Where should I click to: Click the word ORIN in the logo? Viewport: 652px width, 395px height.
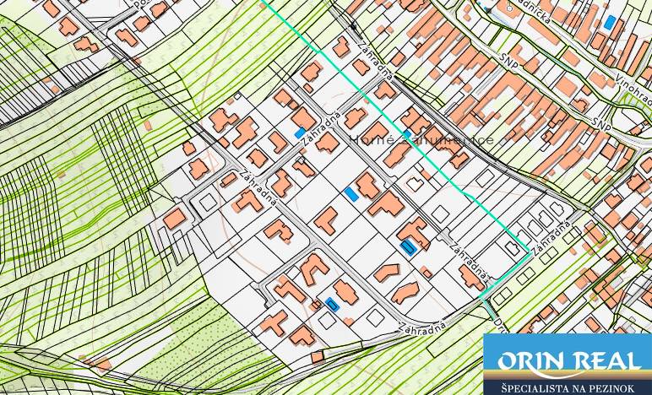click(x=530, y=362)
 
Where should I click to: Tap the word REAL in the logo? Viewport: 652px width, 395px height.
click(x=606, y=362)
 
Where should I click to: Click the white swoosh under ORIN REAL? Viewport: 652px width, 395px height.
click(x=568, y=372)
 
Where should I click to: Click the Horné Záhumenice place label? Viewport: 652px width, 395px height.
click(x=421, y=139)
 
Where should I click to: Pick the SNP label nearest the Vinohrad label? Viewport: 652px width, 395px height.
click(x=601, y=122)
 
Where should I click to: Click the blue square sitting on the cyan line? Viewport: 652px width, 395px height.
click(x=406, y=134)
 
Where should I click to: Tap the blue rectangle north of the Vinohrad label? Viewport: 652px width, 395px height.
click(x=610, y=21)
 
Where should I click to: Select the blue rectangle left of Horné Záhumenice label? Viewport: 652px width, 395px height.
click(x=300, y=133)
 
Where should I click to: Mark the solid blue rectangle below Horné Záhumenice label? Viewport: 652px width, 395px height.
click(x=351, y=193)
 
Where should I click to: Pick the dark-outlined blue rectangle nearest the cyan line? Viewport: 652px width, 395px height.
click(x=410, y=247)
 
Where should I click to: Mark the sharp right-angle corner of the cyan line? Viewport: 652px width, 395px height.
click(x=530, y=251)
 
